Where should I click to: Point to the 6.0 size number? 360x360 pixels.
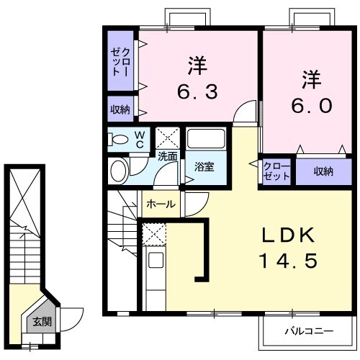pos(311,105)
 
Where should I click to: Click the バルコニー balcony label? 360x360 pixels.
pos(307,332)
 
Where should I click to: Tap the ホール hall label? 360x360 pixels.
pos(161,204)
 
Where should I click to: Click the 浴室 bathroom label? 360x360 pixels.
pos(204,167)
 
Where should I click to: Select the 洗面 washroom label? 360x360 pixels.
pos(167,155)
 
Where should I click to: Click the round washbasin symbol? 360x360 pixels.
pos(119,171)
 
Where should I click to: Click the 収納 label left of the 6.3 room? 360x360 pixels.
pos(120,109)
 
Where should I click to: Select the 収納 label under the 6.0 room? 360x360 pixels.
pos(323,171)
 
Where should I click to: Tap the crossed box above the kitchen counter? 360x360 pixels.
pos(153,234)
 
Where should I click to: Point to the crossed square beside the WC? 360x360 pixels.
pos(167,137)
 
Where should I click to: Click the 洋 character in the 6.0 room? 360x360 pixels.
pos(310,77)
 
